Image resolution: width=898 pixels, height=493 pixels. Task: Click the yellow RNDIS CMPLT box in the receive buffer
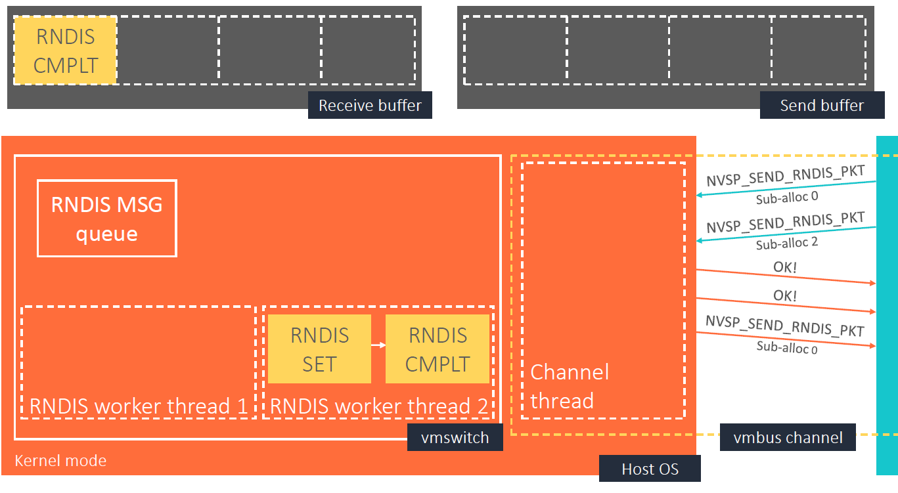65,51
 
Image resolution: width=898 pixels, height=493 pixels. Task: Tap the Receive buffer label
370,106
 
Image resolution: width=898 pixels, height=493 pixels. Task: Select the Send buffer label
821,106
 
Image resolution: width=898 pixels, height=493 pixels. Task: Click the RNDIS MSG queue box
107,218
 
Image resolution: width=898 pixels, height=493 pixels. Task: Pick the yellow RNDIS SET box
319,349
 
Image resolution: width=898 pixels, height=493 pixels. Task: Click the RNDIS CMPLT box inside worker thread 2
438,349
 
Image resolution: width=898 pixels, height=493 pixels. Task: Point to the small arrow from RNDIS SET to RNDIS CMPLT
378,344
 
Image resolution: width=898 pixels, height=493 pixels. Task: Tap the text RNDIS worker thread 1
139,406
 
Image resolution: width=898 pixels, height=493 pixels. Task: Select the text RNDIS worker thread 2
379,406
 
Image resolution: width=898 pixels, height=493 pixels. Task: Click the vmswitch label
455,438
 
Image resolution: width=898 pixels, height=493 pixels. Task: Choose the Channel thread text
570,386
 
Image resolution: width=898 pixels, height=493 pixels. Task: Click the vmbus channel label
788,437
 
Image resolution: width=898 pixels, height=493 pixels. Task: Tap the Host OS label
650,469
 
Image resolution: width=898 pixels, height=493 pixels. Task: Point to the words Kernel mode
60,460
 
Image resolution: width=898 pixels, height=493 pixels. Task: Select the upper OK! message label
785,267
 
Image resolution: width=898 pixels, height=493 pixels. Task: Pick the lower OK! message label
785,296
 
